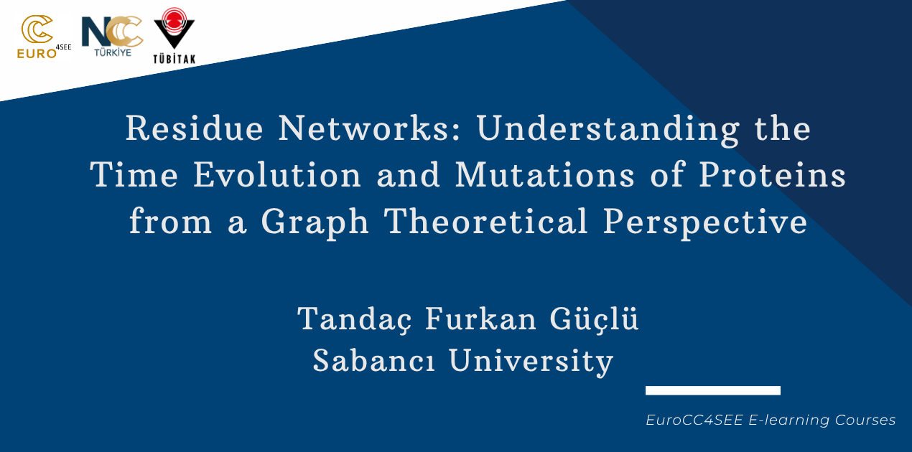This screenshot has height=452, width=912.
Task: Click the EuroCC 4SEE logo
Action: tap(44, 37)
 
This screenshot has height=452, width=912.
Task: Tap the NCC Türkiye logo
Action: tap(112, 37)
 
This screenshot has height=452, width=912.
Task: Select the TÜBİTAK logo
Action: tap(175, 36)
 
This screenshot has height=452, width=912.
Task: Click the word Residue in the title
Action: tap(195, 128)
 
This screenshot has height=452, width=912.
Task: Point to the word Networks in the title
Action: tap(370, 128)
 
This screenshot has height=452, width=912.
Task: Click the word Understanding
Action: tap(608, 130)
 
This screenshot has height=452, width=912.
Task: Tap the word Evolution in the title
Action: tap(277, 174)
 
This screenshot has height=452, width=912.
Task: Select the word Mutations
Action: tap(545, 174)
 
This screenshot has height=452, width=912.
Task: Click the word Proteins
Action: tap(773, 174)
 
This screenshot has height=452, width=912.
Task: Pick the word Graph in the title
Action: tap(315, 223)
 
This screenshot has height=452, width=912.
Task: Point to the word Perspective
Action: tap(704, 223)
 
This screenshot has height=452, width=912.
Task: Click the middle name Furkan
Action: tap(481, 318)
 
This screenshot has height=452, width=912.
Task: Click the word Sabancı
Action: tap(373, 360)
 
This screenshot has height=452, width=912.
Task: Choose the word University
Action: tap(531, 362)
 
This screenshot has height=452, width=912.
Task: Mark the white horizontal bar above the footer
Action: tap(713, 390)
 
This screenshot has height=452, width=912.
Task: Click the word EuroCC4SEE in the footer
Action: tap(694, 420)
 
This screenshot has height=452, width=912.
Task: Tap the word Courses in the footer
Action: tap(865, 420)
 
